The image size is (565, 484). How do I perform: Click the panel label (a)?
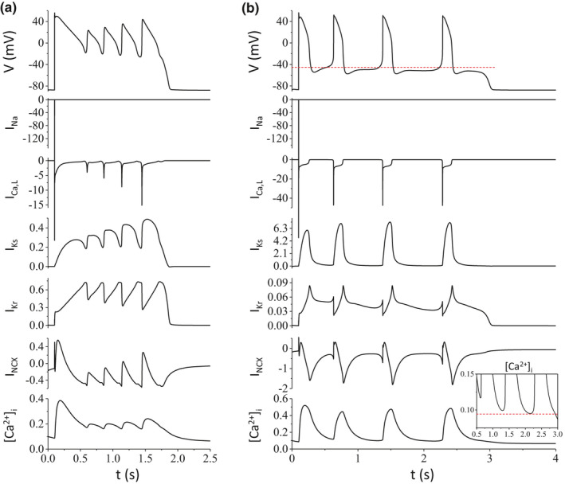click(x=11, y=7)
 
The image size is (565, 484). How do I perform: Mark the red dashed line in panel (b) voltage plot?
click(x=398, y=68)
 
